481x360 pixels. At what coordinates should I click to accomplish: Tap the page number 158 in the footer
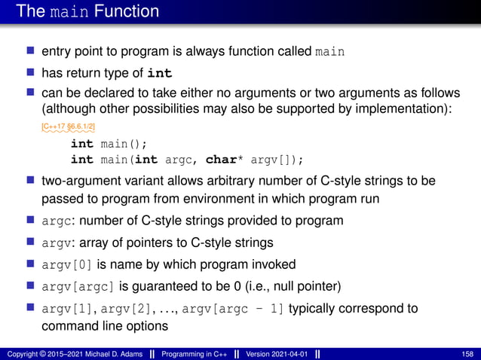click(467, 354)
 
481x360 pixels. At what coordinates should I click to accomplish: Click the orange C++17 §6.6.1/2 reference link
click(68, 127)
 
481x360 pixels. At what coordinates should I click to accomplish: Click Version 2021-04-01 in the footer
click(283, 354)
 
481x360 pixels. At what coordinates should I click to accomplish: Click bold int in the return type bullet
click(159, 73)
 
